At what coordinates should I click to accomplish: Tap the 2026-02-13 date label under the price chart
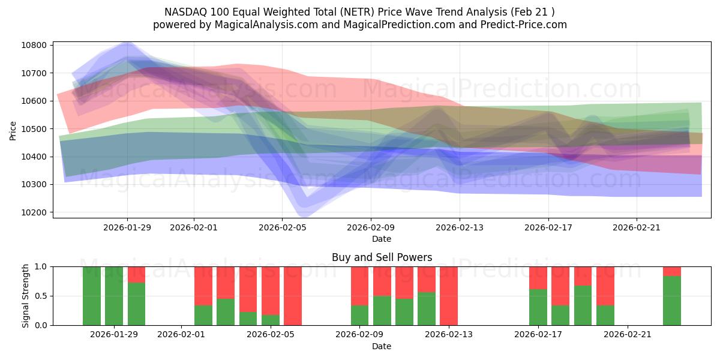[459, 227]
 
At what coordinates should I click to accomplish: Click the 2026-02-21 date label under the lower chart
[627, 335]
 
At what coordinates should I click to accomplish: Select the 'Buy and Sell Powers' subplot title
[382, 257]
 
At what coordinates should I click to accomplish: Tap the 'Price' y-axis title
[14, 130]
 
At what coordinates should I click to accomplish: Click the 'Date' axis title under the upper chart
[382, 239]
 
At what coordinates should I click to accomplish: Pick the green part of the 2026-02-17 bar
[538, 307]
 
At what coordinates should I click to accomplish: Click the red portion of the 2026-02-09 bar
[359, 285]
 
